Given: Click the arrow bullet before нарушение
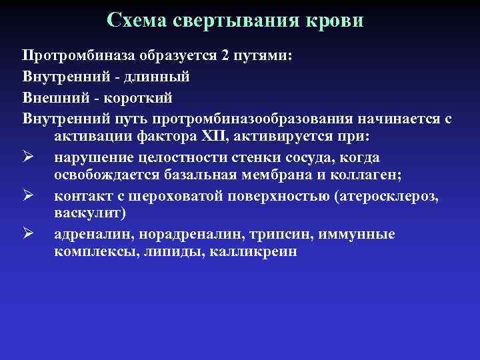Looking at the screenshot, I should click(28, 158).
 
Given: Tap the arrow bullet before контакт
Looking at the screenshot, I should click(28, 196).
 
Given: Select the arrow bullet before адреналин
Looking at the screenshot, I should click(28, 235).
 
